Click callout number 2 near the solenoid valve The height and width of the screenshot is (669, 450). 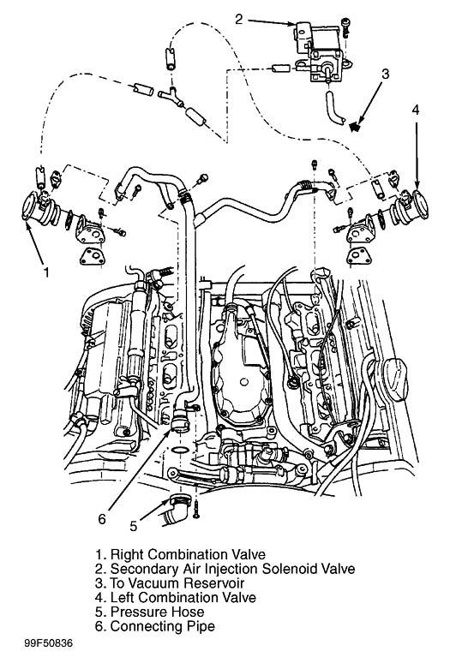coord(238,19)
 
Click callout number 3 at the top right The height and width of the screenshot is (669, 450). coord(385,74)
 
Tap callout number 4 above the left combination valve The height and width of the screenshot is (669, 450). coord(416,111)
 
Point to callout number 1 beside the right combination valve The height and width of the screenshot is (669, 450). coord(47,272)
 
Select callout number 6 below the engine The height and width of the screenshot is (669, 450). coord(102,519)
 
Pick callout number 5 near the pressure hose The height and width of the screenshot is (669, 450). coord(134,527)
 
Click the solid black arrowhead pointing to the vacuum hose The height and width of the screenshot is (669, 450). coord(354,126)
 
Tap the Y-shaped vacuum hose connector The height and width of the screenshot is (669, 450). coord(171,98)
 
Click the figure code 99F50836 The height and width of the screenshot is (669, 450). coord(48,642)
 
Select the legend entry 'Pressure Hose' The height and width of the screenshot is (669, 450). coord(157,612)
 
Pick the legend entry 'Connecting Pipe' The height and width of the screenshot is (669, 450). coord(163,626)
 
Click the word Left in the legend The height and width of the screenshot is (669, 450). coord(123,597)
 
